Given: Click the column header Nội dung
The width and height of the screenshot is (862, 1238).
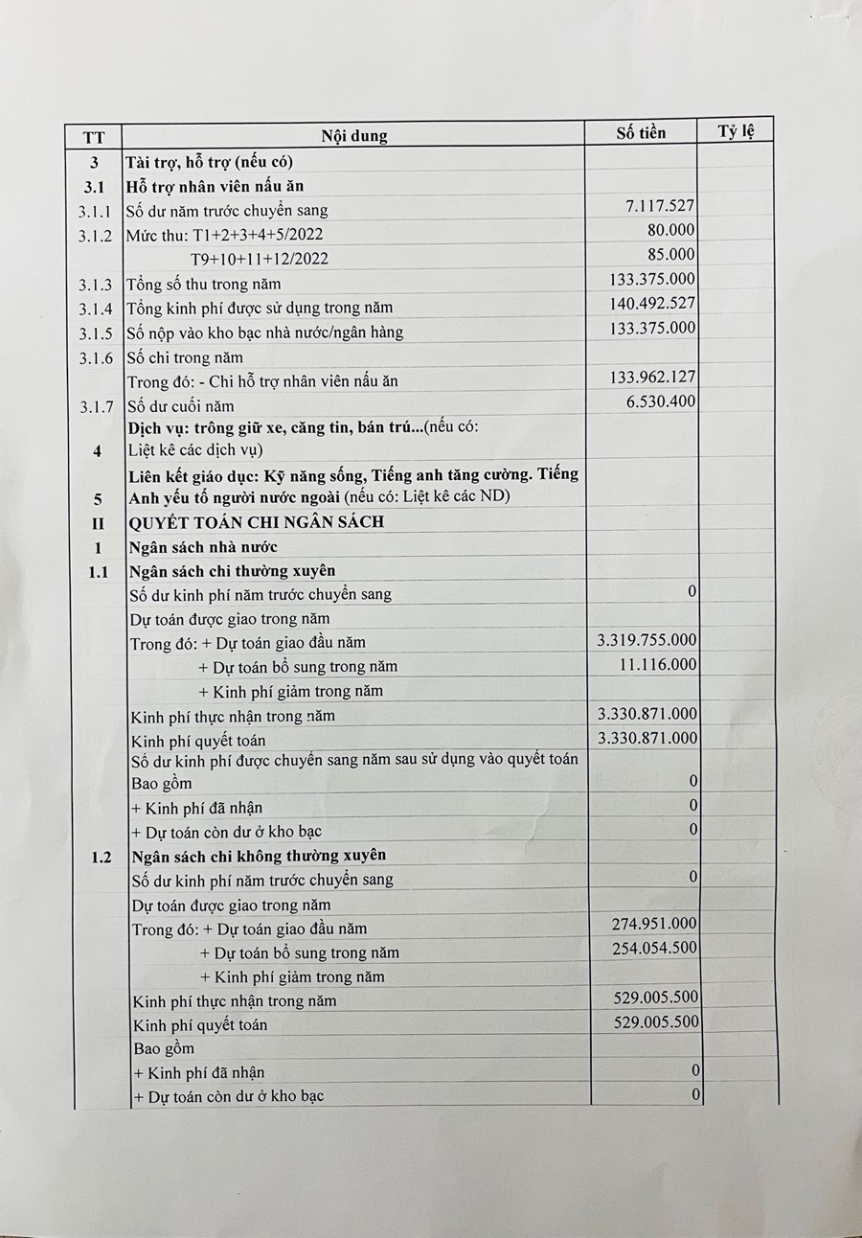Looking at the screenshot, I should (353, 135).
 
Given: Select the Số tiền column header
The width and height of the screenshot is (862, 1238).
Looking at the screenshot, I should (641, 132).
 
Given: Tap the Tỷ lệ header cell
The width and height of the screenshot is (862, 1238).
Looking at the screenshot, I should (737, 131).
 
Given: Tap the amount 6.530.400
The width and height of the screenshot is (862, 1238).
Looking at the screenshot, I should (659, 401).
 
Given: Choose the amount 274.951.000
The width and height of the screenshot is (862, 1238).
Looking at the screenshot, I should (654, 924).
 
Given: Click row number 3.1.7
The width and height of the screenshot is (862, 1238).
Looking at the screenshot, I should (95, 406).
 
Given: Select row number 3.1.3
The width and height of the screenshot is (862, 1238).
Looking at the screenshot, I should (95, 285).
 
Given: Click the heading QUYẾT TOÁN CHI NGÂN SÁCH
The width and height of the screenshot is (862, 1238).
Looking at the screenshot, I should (256, 522).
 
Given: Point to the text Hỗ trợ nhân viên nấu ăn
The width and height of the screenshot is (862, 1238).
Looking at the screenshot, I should (216, 186).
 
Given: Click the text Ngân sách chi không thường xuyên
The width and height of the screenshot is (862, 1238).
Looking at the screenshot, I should (258, 855).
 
